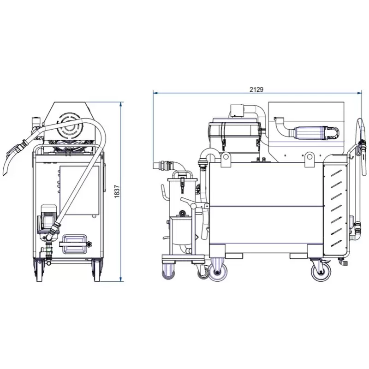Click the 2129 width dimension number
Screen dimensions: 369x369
click(x=256, y=89)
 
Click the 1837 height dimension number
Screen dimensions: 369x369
click(x=117, y=191)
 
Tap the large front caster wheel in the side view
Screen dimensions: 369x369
click(x=218, y=272)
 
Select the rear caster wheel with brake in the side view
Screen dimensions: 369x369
click(x=321, y=271)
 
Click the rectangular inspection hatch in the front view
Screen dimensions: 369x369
click(x=74, y=244)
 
